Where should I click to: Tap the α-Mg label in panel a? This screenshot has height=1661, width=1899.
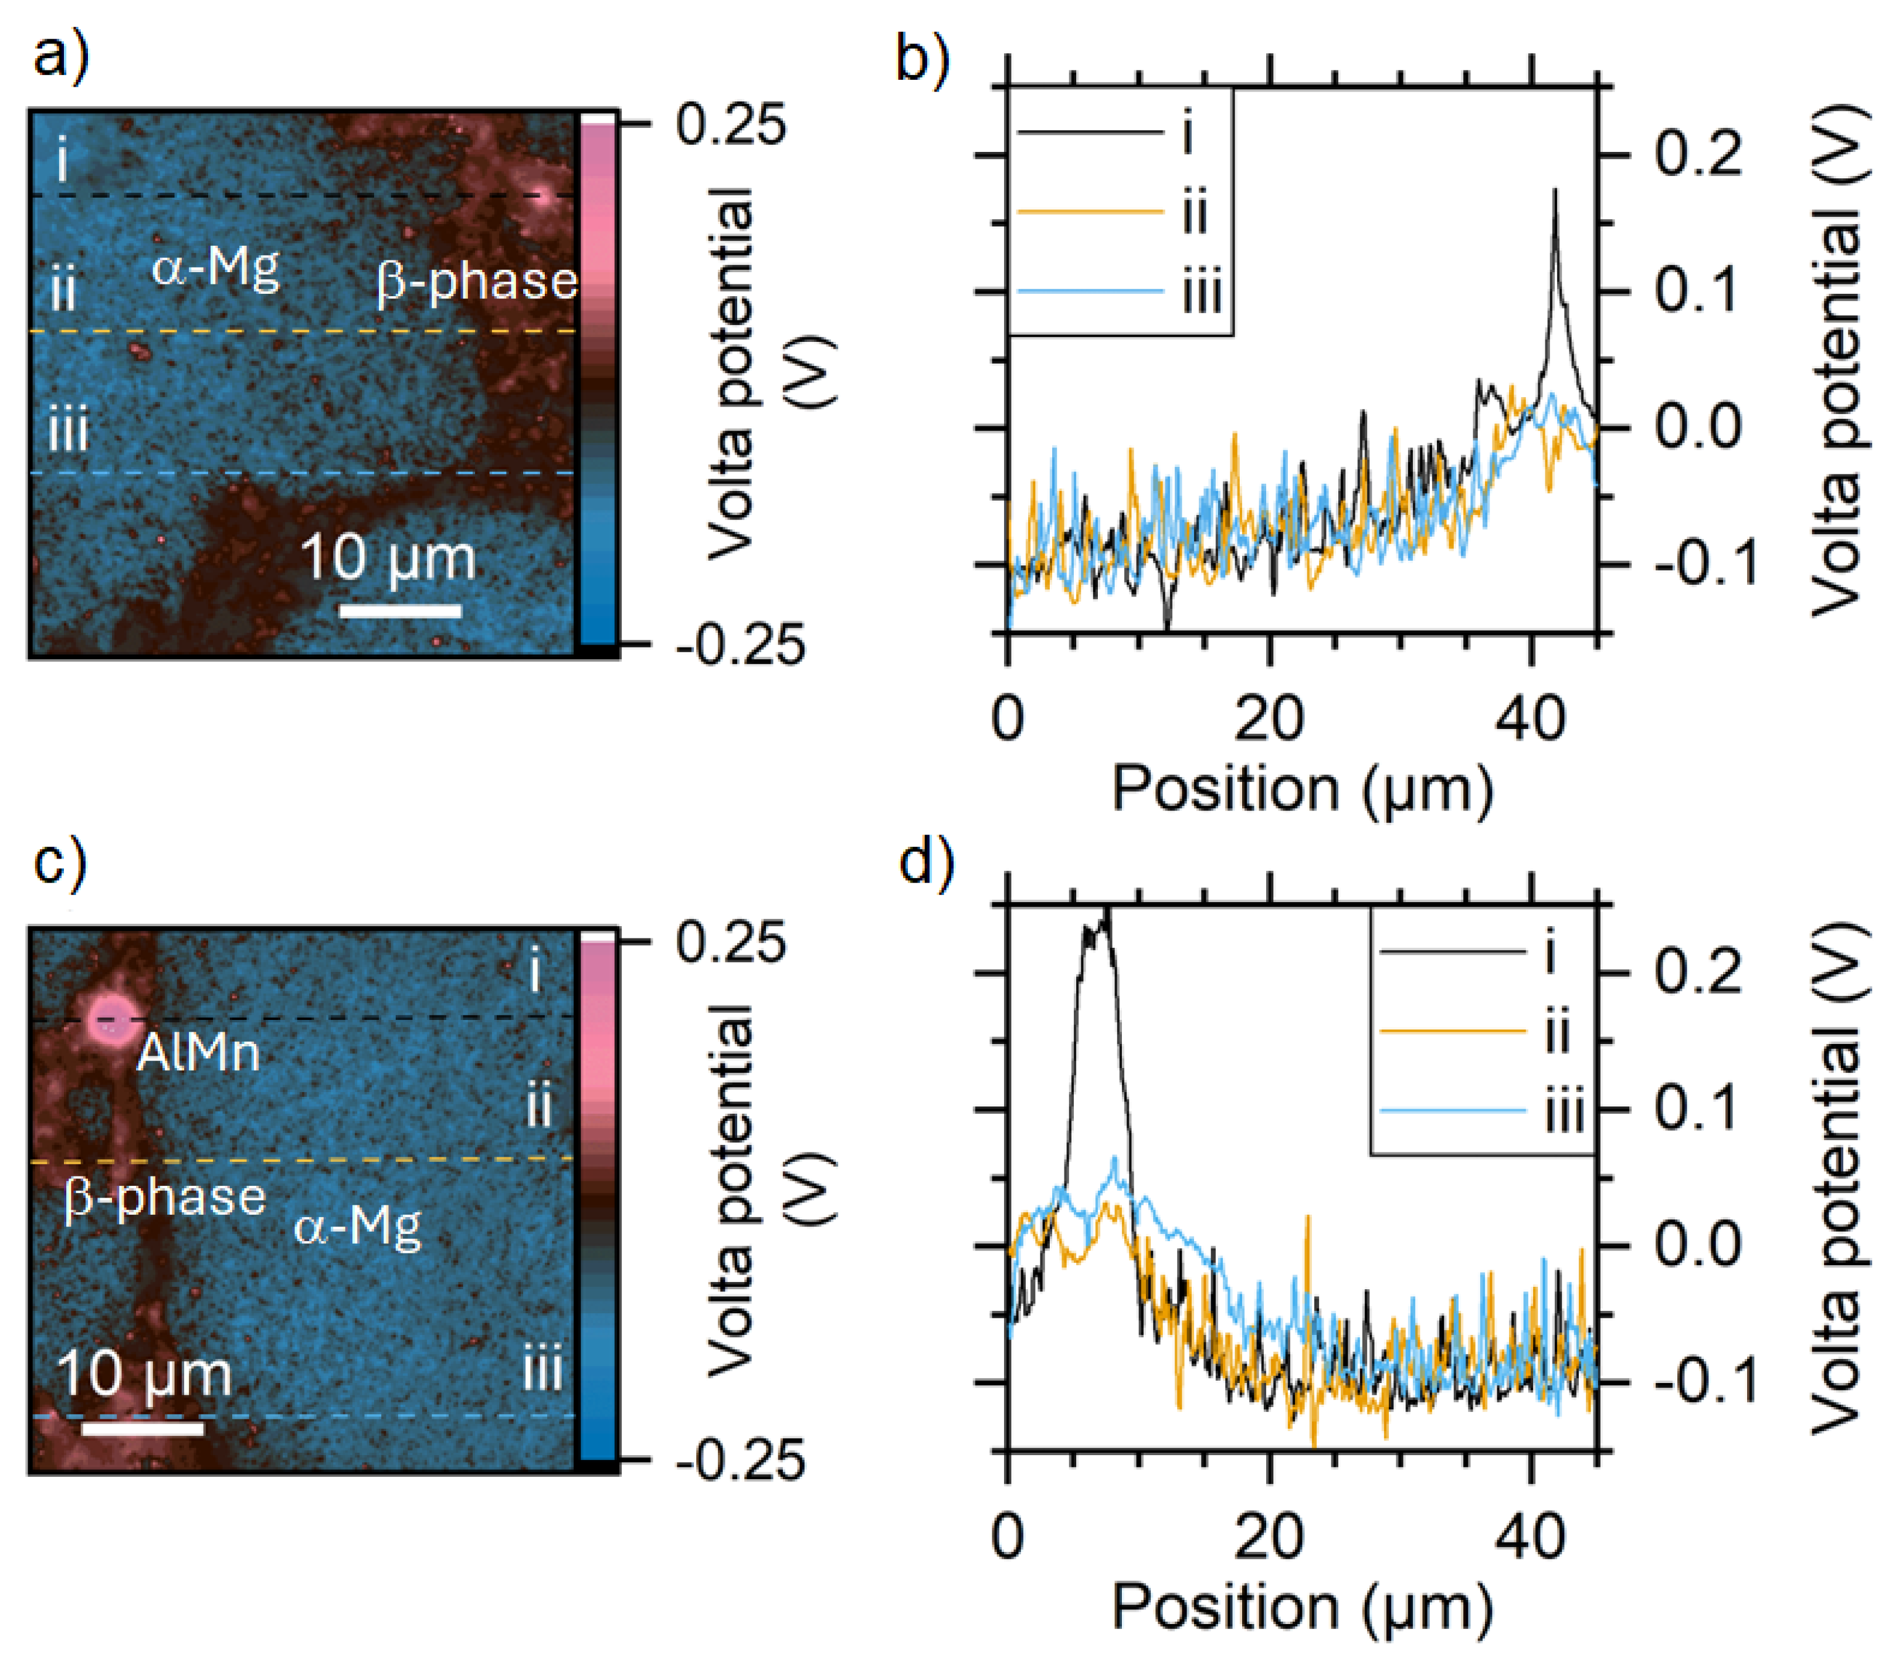(x=216, y=268)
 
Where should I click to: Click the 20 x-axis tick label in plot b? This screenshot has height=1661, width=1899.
(x=1269, y=717)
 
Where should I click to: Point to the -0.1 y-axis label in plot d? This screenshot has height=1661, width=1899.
(x=1705, y=1382)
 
